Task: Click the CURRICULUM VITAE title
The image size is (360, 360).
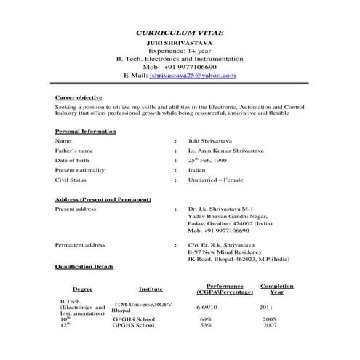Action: click(180, 33)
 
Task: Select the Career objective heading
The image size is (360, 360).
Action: click(79, 97)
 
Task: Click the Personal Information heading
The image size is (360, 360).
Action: click(85, 131)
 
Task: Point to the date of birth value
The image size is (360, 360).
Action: click(208, 159)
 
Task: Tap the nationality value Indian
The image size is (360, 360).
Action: click(197, 169)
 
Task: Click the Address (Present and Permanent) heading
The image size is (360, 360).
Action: click(103, 199)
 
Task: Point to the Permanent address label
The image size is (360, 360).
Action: click(80, 245)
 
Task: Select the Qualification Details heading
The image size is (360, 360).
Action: click(84, 267)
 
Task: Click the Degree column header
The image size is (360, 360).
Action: click(82, 289)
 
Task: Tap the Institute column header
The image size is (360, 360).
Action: click(151, 289)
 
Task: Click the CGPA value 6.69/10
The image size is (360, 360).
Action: click(207, 308)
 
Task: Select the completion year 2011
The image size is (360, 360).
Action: click(266, 308)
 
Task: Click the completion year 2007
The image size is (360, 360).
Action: click(270, 325)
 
